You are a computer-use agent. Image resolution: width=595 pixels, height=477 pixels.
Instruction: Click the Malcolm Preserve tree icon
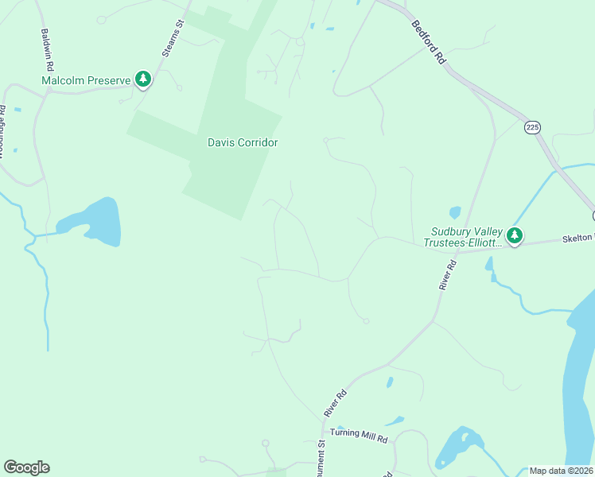coord(143,79)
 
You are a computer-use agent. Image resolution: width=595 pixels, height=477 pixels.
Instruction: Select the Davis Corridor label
coord(243,142)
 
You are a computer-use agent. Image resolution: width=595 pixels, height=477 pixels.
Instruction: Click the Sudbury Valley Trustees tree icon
coord(515,235)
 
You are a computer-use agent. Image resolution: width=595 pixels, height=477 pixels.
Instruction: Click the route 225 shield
coord(532,127)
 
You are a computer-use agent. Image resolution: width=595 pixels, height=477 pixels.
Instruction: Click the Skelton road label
coord(577,238)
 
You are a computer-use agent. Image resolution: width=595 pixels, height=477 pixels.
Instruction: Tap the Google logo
coord(26,467)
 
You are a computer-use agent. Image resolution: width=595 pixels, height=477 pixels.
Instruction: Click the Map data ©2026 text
coord(561,471)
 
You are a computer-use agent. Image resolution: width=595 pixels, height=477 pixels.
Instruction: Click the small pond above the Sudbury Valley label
coord(455,212)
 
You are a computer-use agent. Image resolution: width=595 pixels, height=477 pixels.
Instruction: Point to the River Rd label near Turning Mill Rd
coord(336,403)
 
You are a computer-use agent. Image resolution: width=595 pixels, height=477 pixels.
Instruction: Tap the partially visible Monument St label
coord(322,457)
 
